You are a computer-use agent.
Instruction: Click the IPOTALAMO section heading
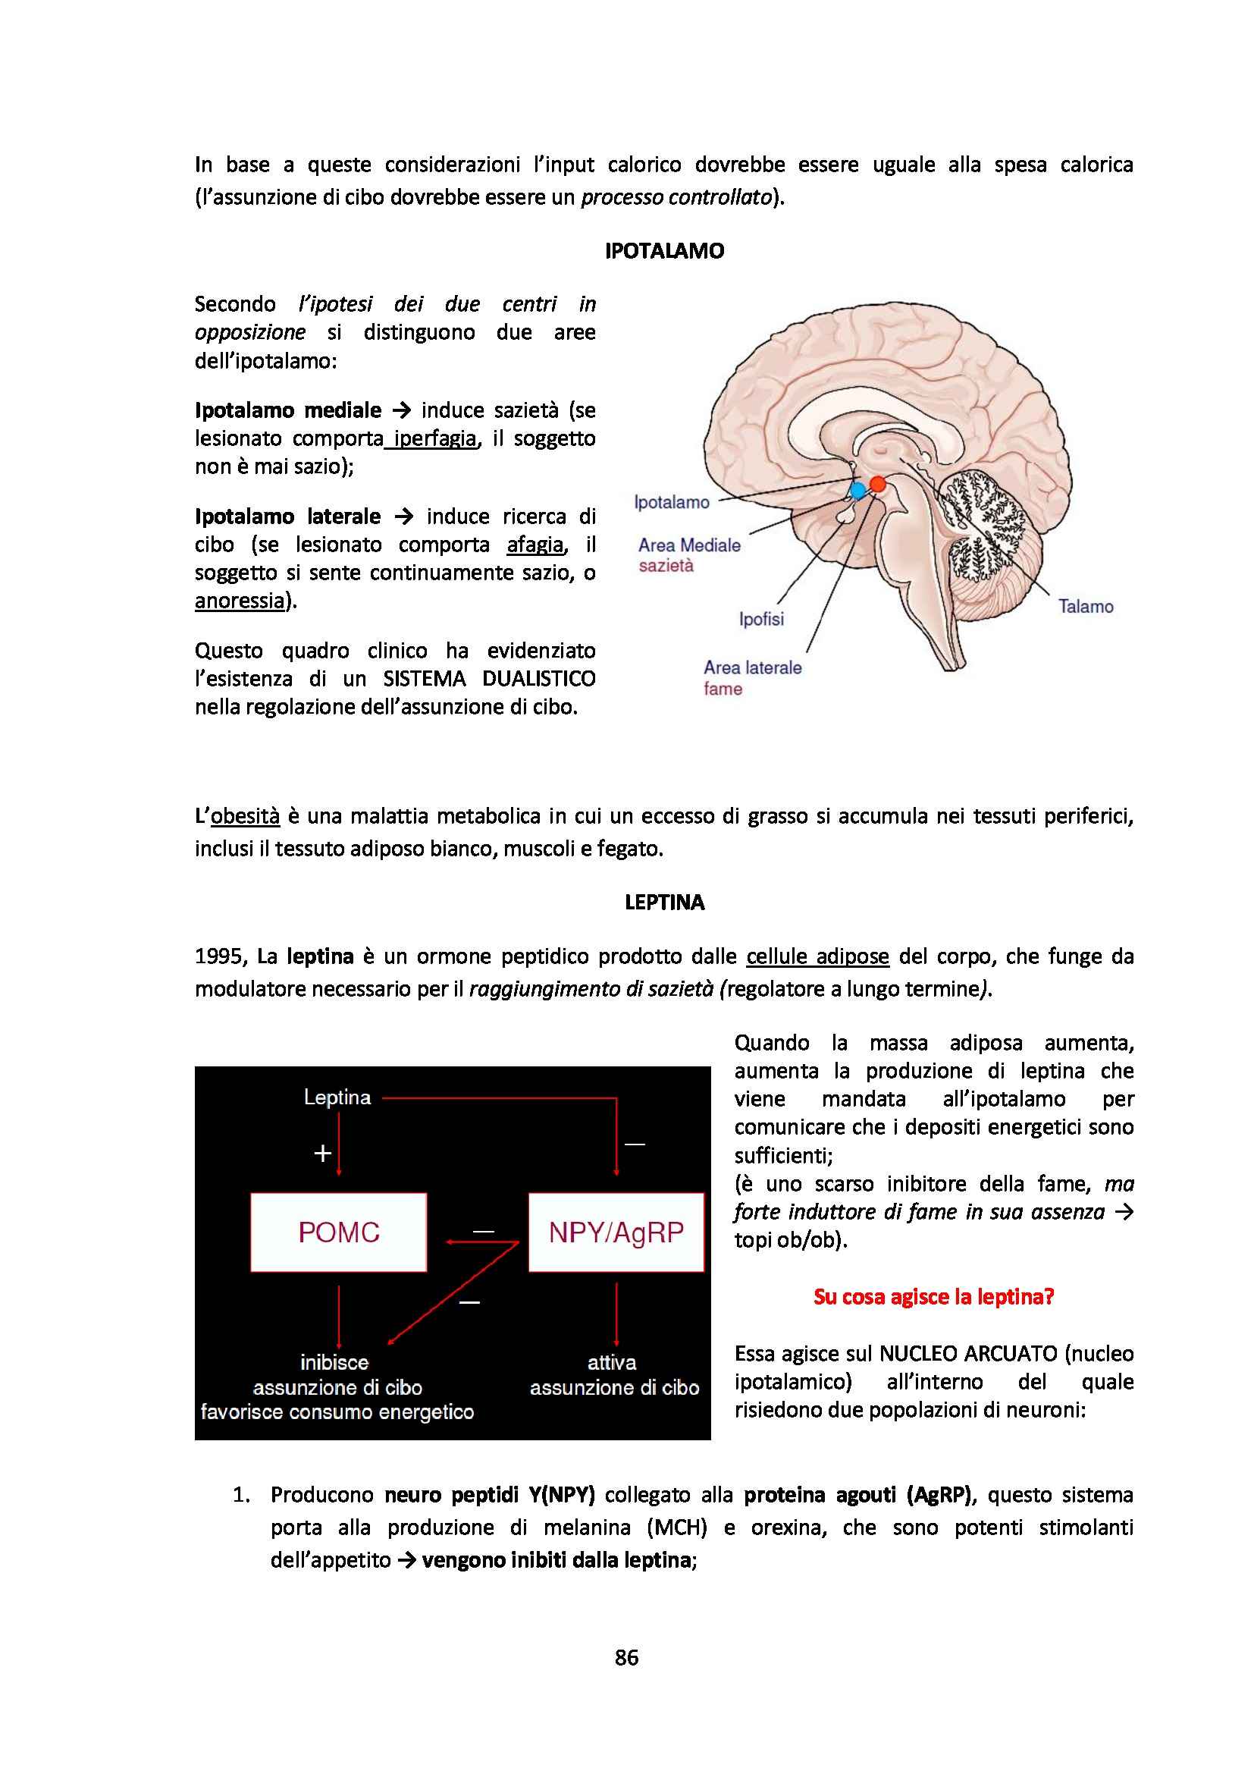coord(664,251)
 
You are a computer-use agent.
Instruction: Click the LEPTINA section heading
coord(664,903)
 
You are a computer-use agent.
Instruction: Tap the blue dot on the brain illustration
coord(857,491)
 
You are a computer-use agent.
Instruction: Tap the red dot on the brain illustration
coord(877,485)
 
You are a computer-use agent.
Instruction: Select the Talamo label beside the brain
coord(1085,607)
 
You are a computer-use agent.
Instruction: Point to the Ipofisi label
coord(760,619)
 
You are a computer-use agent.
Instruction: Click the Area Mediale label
coord(688,545)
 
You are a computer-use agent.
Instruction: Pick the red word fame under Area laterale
coord(722,689)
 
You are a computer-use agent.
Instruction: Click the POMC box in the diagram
coord(338,1232)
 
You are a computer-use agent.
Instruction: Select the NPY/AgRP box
coord(616,1232)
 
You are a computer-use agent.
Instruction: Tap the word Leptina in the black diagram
coord(337,1097)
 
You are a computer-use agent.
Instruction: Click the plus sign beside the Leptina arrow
coord(323,1154)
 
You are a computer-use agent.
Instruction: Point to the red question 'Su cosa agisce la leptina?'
coord(933,1296)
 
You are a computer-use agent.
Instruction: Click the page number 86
coord(626,1657)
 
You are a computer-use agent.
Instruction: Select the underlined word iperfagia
coord(434,439)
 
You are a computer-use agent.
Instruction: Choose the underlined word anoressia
coord(240,601)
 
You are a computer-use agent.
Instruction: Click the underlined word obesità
coord(245,816)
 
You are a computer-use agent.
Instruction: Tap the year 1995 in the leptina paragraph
coord(219,956)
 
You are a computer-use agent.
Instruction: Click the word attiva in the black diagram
coord(612,1362)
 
